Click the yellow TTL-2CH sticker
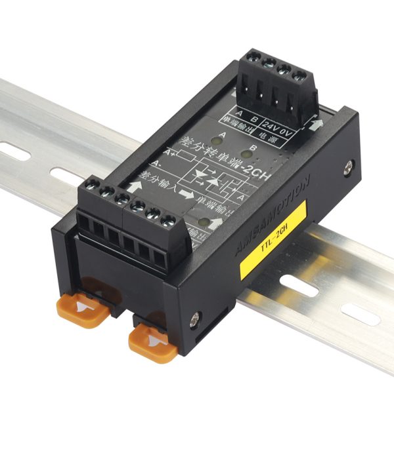273,239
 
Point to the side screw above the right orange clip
194,321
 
